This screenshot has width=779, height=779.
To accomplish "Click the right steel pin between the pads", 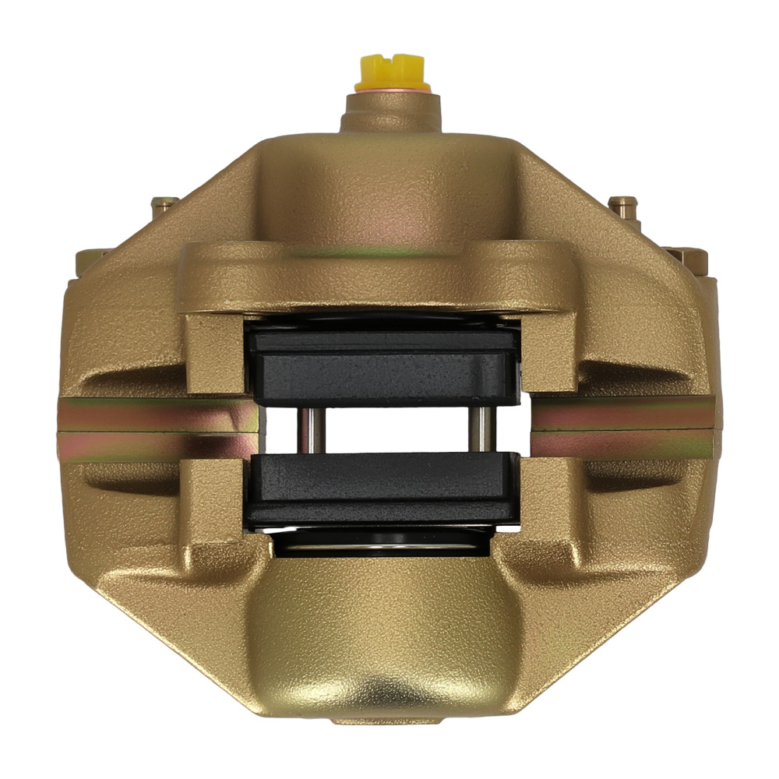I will point(484,429).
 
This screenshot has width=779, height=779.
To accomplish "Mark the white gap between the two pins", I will point(395,429).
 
